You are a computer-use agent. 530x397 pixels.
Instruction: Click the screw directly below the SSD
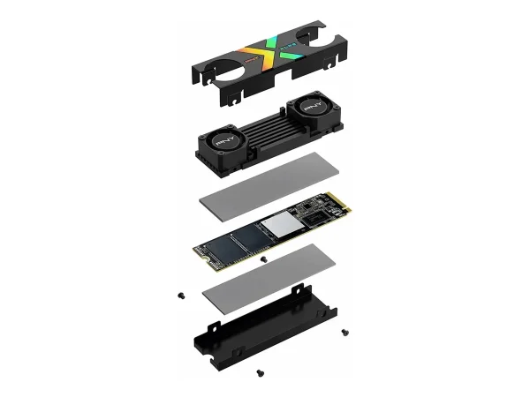pyautogui.click(x=263, y=261)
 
